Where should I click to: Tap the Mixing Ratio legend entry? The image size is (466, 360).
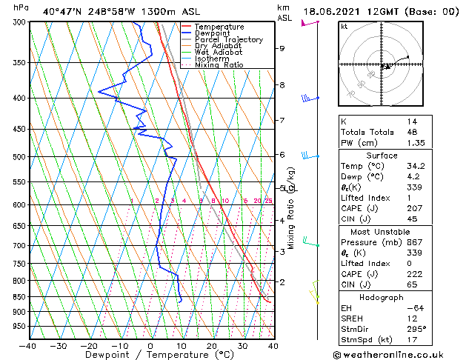coord(219,65)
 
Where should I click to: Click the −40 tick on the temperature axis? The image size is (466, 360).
coord(28,345)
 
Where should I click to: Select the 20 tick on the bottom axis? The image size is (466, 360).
coord(212,345)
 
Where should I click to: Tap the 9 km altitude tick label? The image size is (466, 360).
coord(282,49)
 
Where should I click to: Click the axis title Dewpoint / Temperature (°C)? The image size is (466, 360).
coord(151,356)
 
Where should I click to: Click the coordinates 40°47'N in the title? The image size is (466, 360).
coord(61,12)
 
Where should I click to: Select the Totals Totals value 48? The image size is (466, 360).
coord(412,133)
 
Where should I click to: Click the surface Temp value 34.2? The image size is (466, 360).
coord(415,167)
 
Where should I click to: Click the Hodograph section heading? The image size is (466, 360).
coord(382,297)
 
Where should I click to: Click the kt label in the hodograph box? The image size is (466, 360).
coord(344,27)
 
